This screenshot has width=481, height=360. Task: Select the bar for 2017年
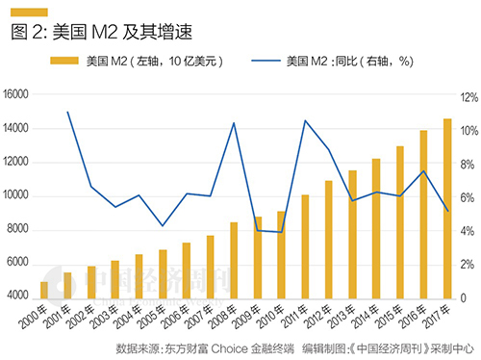[446, 208]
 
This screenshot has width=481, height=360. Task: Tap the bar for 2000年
[44, 290]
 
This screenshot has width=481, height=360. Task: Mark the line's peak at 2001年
[67, 112]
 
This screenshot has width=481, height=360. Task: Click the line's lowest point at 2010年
[281, 232]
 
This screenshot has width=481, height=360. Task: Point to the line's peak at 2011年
[305, 120]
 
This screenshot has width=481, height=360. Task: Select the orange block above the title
[29, 11]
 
